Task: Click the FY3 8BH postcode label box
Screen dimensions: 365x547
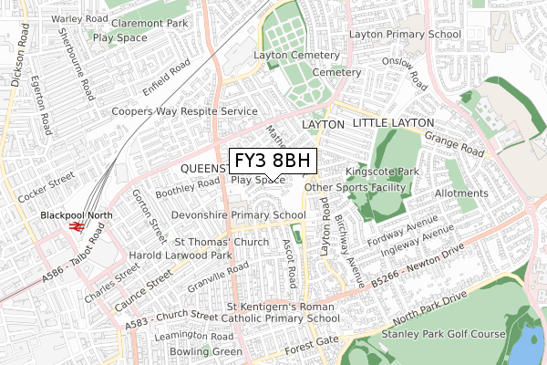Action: point(273,162)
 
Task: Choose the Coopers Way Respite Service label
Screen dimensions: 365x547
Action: point(184,111)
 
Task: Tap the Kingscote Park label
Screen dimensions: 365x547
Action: point(381,171)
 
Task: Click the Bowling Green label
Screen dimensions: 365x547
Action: point(211,351)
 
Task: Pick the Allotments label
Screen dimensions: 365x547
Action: point(460,193)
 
